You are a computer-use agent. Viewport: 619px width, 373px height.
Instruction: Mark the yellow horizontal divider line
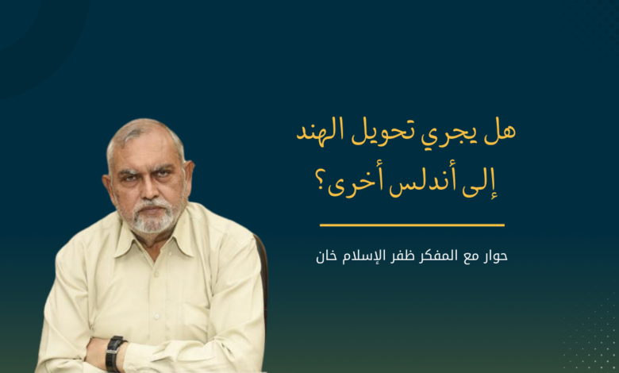(412, 225)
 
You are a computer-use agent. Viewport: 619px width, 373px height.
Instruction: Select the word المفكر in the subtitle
(438, 256)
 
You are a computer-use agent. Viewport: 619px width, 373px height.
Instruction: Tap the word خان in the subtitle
(326, 256)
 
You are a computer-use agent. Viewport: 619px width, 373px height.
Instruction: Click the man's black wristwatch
(114, 353)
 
